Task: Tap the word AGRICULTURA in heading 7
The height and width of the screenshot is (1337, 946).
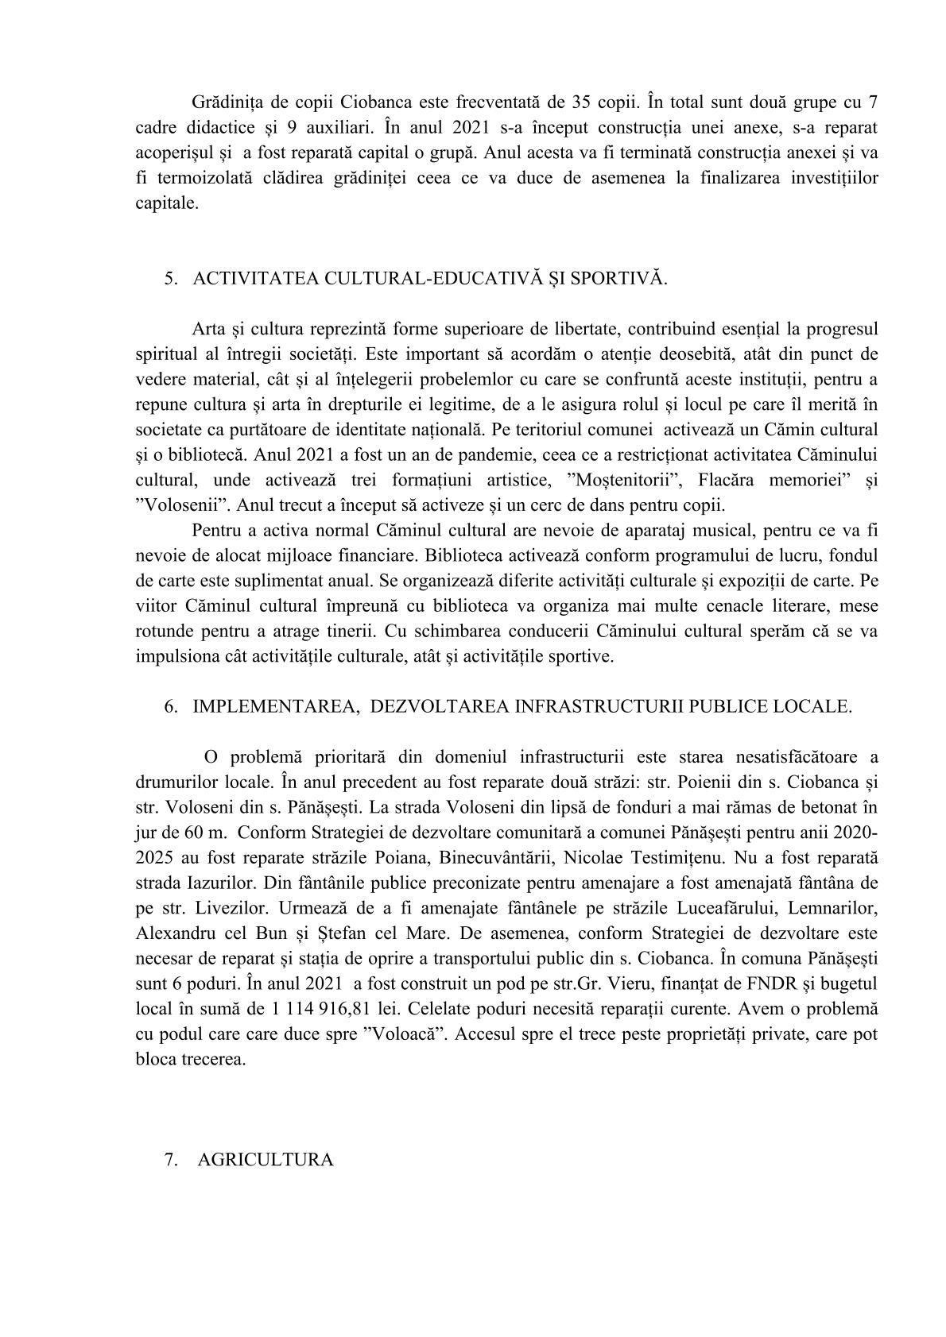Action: click(x=265, y=1159)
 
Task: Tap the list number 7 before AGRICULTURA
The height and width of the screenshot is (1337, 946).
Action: click(x=169, y=1159)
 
